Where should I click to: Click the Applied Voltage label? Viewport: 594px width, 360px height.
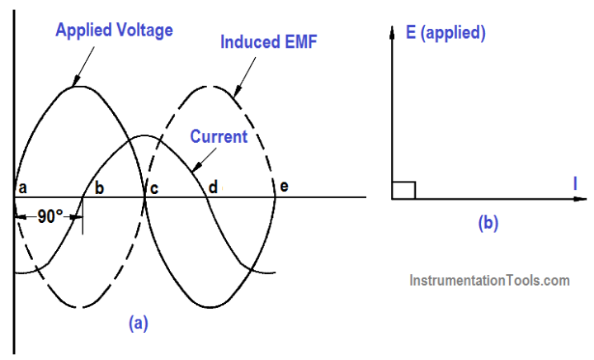[x=114, y=31]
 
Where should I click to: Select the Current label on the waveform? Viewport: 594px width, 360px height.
[x=219, y=136]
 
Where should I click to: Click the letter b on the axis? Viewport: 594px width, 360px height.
[x=99, y=187]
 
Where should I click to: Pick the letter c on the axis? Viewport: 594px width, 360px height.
[x=153, y=187]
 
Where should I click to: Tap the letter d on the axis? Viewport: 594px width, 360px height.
[x=213, y=187]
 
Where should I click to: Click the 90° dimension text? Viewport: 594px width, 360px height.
[x=50, y=216]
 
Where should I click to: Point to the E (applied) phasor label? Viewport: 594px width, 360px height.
[x=445, y=34]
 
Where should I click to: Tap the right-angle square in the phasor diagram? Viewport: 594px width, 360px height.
[x=403, y=189]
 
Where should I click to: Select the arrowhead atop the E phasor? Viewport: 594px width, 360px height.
[x=392, y=31]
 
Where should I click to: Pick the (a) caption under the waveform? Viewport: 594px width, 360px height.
[x=138, y=323]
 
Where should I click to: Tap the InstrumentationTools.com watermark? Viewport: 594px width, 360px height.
[x=489, y=281]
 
